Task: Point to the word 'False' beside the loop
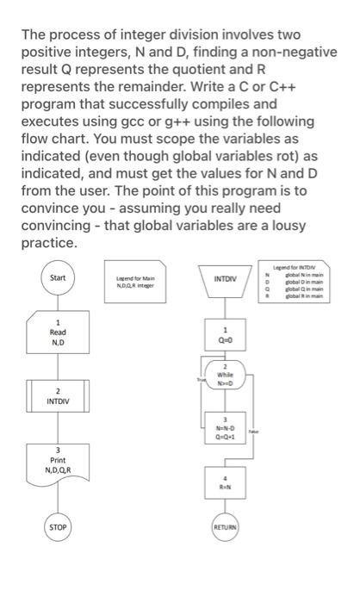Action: (x=255, y=432)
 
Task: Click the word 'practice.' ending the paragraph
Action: (x=51, y=244)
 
